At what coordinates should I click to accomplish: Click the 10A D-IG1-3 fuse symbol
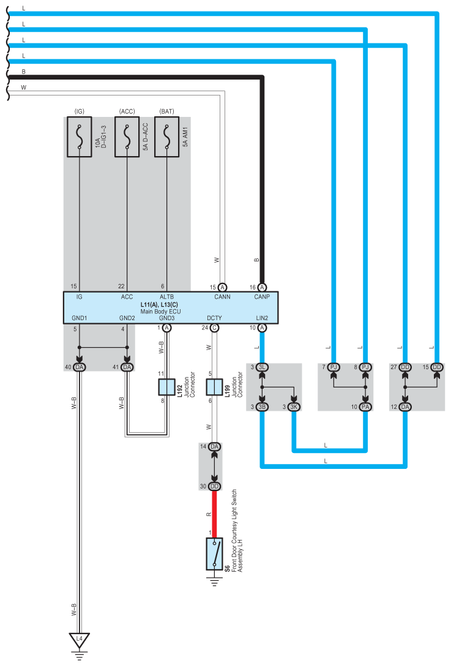click(79, 138)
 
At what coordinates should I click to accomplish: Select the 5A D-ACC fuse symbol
click(127, 138)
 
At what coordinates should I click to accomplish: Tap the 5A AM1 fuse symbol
click(166, 138)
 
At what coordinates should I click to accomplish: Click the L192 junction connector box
click(167, 387)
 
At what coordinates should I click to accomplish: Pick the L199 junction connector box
click(214, 387)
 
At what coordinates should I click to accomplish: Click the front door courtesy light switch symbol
click(214, 553)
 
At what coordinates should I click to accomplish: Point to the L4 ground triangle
click(79, 640)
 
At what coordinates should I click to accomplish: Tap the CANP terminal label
click(262, 297)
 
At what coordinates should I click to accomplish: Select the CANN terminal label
click(222, 297)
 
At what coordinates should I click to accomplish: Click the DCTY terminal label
click(214, 318)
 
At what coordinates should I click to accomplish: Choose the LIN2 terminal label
click(262, 318)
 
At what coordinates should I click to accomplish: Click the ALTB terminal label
click(167, 297)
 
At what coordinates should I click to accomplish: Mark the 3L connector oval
click(263, 367)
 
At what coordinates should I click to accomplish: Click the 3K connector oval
click(294, 407)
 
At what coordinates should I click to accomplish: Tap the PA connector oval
click(365, 407)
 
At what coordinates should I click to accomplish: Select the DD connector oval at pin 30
click(214, 486)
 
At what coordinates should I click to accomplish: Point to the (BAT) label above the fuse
click(166, 111)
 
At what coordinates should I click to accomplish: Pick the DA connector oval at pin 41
click(127, 367)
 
